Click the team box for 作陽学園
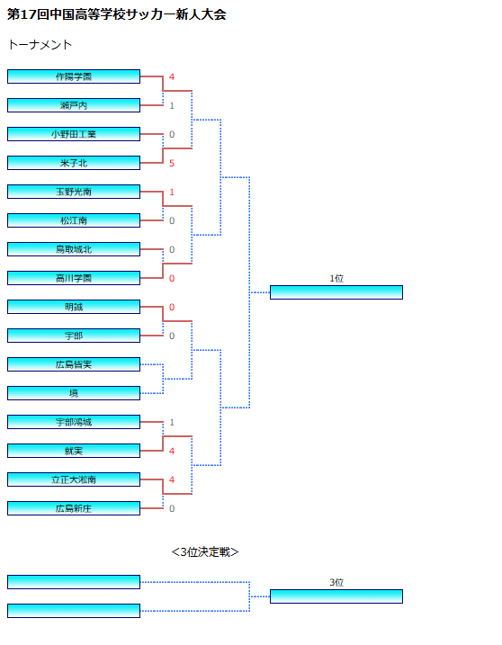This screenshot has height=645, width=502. pos(74,76)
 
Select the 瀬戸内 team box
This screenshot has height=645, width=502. pos(74,105)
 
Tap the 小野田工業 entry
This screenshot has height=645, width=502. pos(74,134)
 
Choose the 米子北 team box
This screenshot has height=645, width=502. pos(74,163)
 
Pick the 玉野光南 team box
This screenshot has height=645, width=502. pos(74,192)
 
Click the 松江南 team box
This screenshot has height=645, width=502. pos(74,220)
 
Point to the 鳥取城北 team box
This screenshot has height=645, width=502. pos(74,249)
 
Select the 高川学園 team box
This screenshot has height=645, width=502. pos(74,278)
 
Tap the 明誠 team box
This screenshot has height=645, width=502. pos(74,307)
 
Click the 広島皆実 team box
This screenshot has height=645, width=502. pos(74,364)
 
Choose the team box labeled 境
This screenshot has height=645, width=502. pos(74,393)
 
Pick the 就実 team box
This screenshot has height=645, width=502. pos(74,451)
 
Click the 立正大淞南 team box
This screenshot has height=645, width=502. pos(74,479)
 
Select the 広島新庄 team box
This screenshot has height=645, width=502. pos(74,508)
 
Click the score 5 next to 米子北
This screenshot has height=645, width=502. pos(172,164)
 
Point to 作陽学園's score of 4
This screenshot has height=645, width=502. pos(172,77)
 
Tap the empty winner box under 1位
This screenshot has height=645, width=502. pos(336,292)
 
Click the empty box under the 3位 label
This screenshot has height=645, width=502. pos(336,596)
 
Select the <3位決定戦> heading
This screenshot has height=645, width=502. pos(205,552)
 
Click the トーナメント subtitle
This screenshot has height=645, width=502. pos(40,44)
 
